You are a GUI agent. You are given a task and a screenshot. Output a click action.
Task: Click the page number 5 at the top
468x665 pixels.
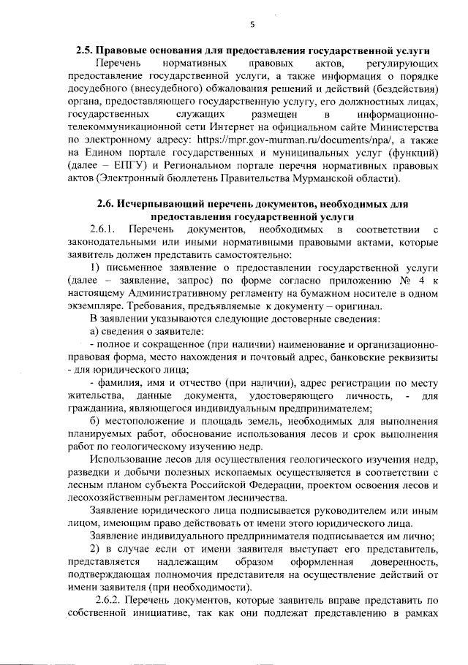(x=252, y=24)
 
